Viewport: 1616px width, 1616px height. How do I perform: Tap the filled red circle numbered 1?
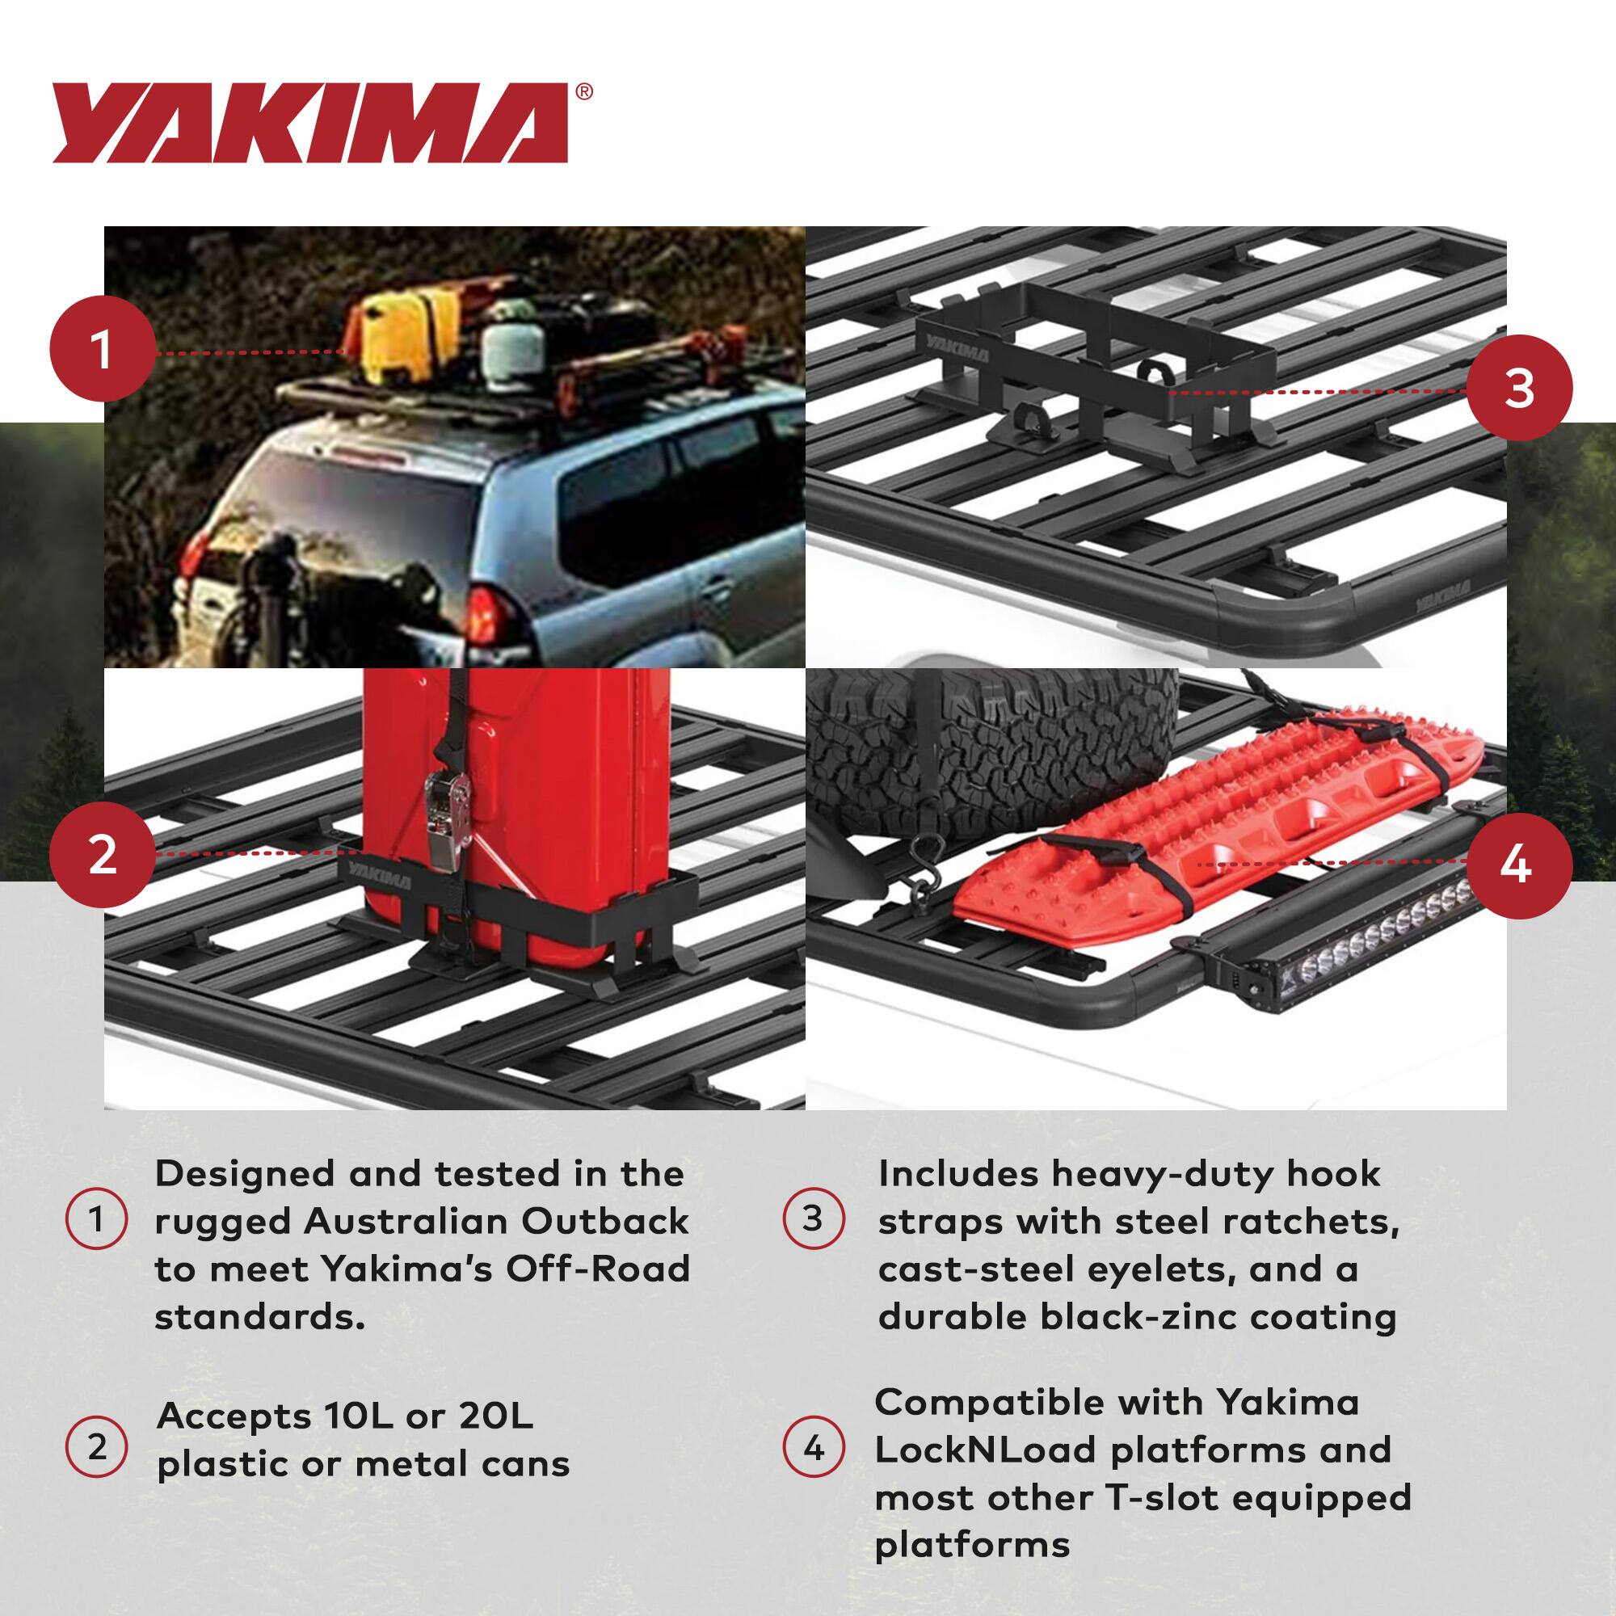tap(103, 350)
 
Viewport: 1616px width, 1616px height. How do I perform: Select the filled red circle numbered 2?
tap(103, 856)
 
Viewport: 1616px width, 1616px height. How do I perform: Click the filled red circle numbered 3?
tap(1519, 388)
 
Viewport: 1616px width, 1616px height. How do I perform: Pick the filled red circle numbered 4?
tap(1519, 865)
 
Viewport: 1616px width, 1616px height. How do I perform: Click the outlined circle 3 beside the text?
tap(813, 1218)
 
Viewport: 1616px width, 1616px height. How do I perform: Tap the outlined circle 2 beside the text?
tap(97, 1446)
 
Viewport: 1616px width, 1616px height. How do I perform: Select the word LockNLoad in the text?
tap(984, 1450)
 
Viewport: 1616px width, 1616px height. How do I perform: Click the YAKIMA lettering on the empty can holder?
tap(957, 350)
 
